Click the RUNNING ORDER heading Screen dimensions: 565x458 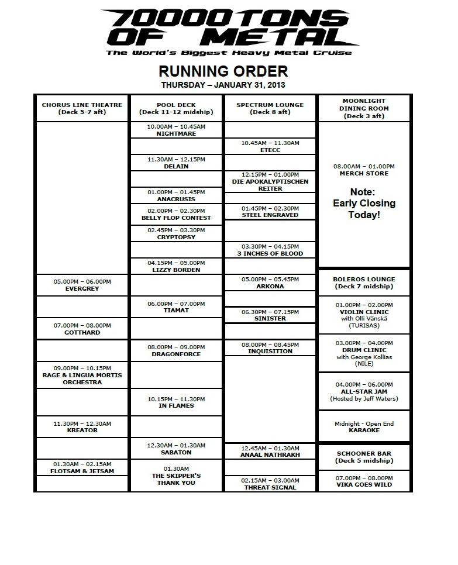(223, 71)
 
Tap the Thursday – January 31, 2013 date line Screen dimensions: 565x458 (223, 85)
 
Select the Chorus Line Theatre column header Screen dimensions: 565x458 (82, 108)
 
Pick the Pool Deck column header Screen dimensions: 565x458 (176, 108)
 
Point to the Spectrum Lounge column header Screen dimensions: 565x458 (270, 108)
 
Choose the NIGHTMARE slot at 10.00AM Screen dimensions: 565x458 (176, 130)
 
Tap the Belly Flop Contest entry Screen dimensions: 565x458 (176, 214)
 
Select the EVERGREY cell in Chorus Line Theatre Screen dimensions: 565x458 (82, 285)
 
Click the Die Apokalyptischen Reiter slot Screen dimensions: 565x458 (270, 181)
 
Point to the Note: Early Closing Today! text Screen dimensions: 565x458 (364, 203)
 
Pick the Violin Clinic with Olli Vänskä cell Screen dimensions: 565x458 (364, 315)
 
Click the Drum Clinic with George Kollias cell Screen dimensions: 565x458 (364, 353)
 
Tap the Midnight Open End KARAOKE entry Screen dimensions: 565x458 (364, 427)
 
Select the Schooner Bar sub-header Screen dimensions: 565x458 (364, 457)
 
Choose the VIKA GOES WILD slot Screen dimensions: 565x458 (364, 481)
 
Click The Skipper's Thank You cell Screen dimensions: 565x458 (176, 476)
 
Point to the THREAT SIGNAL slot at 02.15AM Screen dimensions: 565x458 (270, 484)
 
